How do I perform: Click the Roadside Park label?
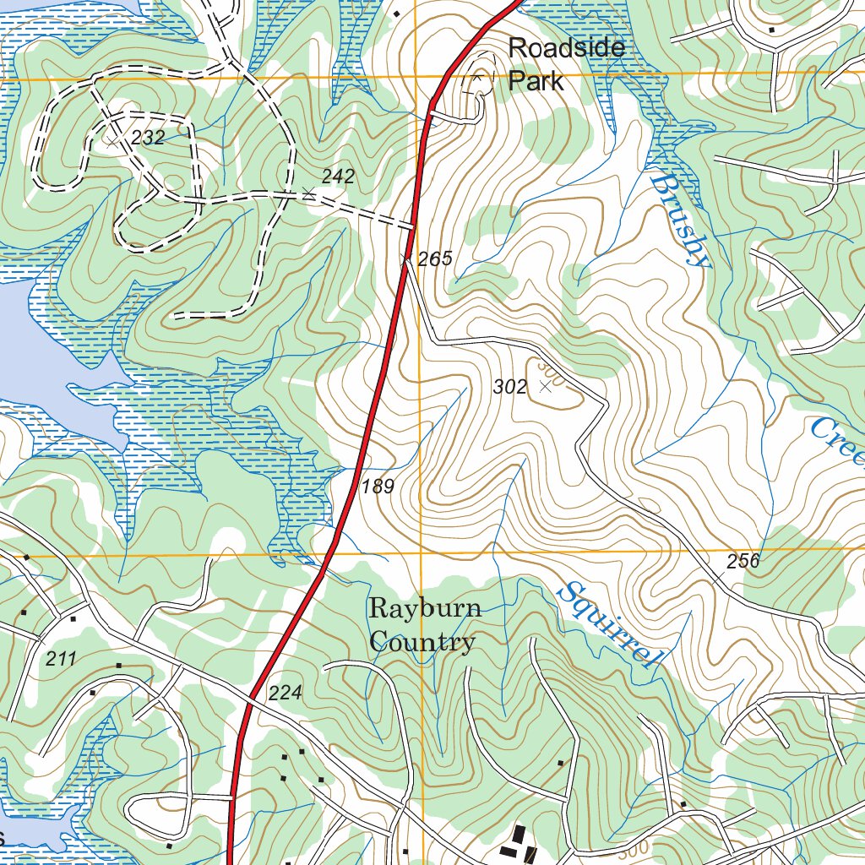[x=566, y=63]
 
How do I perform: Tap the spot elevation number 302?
[x=509, y=387]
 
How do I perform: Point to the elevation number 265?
[x=435, y=259]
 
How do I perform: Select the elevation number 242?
[x=338, y=177]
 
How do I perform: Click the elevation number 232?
[x=148, y=138]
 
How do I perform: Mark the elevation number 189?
[x=378, y=486]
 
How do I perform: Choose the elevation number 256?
[x=743, y=561]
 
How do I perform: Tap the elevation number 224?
[x=285, y=694]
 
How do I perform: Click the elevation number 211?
[x=61, y=659]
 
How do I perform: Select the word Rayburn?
[x=426, y=608]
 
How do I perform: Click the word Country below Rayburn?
[x=422, y=642]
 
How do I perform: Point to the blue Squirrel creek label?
[x=608, y=625]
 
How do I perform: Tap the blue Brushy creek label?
[x=681, y=220]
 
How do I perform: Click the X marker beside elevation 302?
[x=545, y=386]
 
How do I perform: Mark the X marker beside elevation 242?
[x=308, y=195]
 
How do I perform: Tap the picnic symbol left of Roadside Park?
[x=477, y=79]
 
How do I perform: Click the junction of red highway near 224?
[x=251, y=698]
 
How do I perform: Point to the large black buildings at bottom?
[x=517, y=845]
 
